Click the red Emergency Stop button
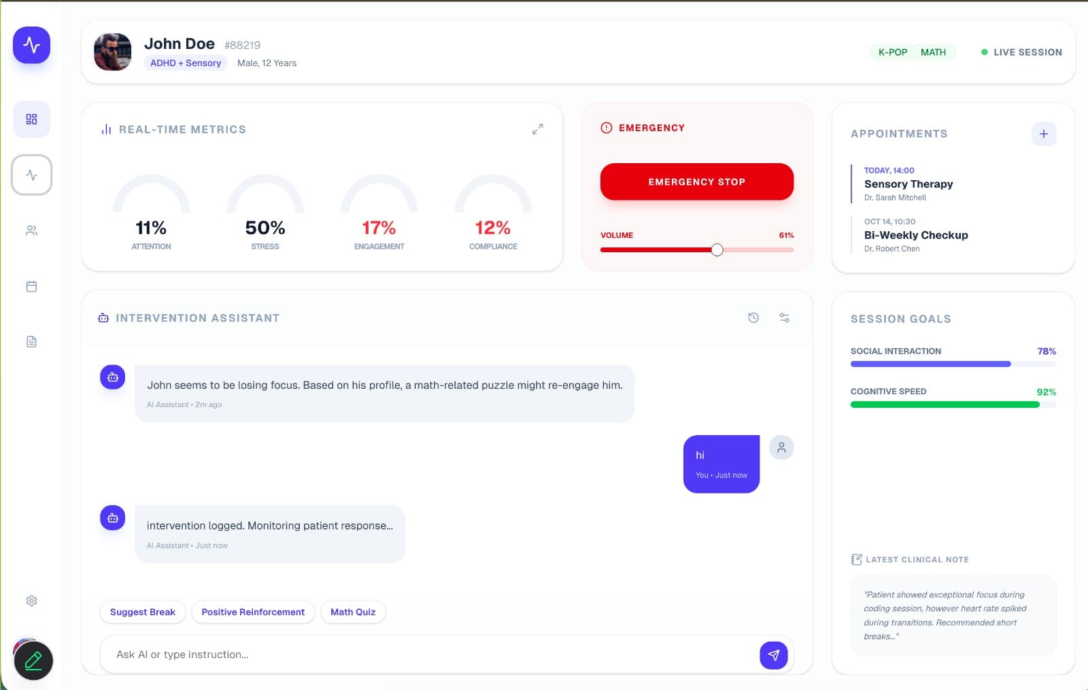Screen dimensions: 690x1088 [696, 182]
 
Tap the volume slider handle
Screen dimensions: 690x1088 [717, 249]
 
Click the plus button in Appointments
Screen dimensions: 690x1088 [1043, 134]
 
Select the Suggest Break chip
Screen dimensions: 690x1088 [143, 612]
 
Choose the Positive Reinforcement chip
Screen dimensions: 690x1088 [253, 612]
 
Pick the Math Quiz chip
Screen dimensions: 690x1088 [353, 612]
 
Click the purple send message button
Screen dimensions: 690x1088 [773, 655]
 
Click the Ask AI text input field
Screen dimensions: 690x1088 [428, 655]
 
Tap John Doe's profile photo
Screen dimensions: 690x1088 [113, 52]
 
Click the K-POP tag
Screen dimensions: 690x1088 [893, 52]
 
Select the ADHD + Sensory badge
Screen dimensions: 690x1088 [186, 63]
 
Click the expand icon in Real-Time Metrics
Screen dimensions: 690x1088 [537, 129]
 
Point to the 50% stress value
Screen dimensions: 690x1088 [265, 228]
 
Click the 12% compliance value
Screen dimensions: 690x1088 [493, 228]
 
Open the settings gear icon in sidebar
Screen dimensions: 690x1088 [31, 601]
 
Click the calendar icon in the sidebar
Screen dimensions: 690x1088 [31, 287]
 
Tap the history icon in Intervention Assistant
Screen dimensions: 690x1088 [753, 317]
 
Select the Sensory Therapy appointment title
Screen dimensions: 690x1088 [908, 184]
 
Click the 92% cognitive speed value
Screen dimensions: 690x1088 [1046, 392]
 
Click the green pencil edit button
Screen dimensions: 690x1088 [33, 661]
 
